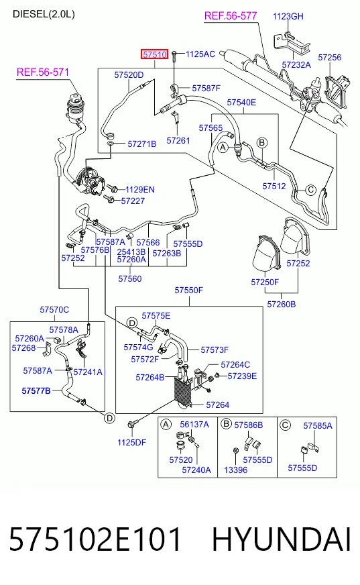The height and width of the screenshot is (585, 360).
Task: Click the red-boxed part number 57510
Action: (155, 54)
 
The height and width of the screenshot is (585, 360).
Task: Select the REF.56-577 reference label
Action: (231, 15)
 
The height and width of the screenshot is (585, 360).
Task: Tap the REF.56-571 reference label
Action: (43, 72)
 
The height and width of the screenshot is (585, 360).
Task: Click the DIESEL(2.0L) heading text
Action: (44, 14)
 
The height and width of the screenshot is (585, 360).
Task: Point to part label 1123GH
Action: (288, 16)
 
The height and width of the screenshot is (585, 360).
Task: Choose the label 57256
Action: (330, 58)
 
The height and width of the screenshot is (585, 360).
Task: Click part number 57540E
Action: (241, 102)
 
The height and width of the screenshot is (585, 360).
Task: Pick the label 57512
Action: (274, 187)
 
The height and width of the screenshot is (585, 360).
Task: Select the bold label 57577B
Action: (36, 390)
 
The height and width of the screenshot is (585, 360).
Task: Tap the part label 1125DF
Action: (131, 443)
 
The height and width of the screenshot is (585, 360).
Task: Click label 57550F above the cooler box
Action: (189, 290)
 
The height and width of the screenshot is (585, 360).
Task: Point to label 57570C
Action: (54, 310)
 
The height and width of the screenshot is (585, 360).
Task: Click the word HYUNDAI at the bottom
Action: (282, 539)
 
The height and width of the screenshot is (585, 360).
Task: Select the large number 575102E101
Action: (95, 539)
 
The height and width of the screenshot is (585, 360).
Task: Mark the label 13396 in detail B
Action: (236, 470)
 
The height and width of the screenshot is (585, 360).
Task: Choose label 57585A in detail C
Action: (318, 426)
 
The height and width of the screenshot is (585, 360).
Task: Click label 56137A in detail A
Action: (194, 425)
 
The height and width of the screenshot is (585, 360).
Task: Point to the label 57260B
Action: (282, 305)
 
